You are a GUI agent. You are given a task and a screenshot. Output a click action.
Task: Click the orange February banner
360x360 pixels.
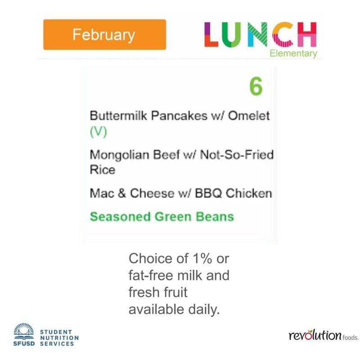click(104, 35)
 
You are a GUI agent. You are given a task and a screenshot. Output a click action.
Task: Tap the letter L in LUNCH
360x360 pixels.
click(210, 35)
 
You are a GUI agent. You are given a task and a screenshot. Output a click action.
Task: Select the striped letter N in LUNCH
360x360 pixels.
click(257, 35)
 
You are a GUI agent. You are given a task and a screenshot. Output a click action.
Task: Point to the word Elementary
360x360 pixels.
click(293, 54)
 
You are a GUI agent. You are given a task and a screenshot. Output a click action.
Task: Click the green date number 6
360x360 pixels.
click(256, 86)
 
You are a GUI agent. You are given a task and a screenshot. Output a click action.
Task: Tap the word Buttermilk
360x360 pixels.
click(118, 115)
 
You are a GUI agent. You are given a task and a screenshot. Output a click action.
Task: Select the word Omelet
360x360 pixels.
click(249, 115)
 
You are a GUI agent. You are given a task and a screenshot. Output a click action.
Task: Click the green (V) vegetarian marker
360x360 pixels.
click(98, 132)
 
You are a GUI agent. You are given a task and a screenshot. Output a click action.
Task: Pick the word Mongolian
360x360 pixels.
click(119, 155)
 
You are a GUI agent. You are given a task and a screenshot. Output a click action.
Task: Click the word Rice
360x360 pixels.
click(103, 170)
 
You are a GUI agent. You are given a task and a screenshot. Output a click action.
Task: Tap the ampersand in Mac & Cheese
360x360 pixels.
click(121, 193)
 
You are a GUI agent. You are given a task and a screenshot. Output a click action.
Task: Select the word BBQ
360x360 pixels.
click(208, 193)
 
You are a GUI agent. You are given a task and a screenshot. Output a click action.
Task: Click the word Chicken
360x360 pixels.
click(249, 193)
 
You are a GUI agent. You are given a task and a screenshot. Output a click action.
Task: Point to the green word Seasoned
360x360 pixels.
click(120, 216)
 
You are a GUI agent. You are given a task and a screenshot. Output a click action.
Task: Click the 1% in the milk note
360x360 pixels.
click(202, 258)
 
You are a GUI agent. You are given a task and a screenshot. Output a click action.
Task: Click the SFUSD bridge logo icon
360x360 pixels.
click(24, 331)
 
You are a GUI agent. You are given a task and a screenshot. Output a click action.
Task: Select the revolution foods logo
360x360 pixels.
click(324, 335)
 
